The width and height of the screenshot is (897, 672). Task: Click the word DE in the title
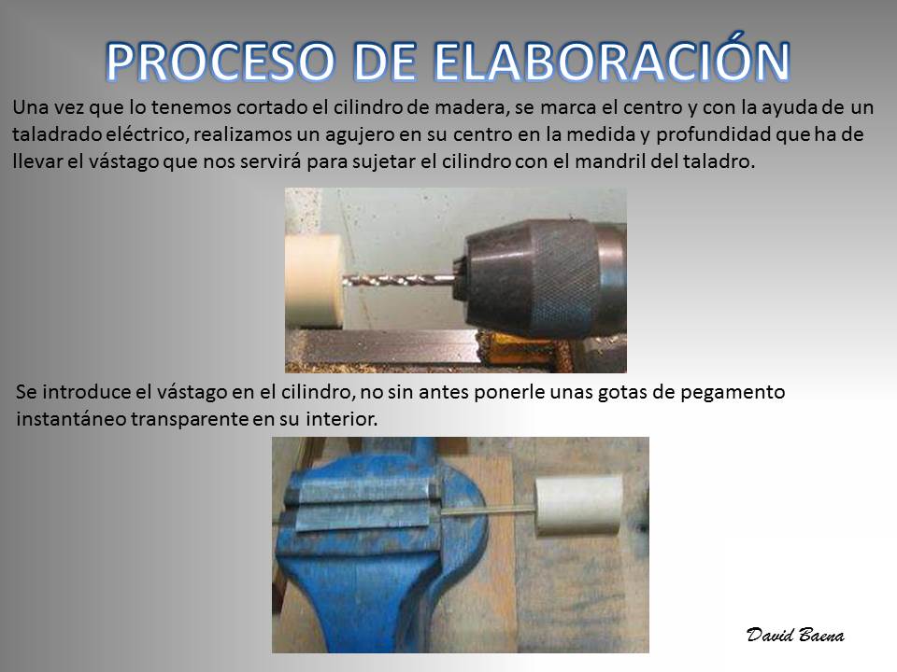[384, 62]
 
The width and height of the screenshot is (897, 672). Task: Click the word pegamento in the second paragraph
[733, 393]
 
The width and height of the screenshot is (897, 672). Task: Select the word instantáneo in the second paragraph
[72, 419]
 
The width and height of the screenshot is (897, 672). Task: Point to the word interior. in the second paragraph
[342, 419]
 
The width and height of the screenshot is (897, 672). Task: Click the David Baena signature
[794, 635]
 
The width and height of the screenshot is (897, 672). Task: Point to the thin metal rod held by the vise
[487, 510]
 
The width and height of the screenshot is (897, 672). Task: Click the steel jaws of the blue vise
[363, 504]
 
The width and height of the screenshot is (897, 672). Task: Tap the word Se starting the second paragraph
[26, 393]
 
